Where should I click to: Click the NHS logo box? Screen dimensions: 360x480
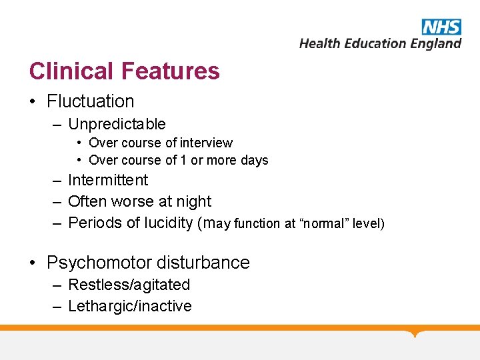point(441,27)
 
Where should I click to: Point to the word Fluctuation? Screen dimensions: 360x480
point(91,101)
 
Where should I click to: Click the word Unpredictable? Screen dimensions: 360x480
point(117,124)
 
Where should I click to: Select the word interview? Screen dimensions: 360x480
point(207,143)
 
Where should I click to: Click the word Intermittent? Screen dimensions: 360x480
point(108,180)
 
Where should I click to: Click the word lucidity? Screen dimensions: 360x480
point(166,223)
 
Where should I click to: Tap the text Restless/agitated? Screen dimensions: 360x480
point(129,285)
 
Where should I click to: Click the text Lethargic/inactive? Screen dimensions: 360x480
point(130,306)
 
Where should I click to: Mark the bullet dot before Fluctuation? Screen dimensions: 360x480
point(33,102)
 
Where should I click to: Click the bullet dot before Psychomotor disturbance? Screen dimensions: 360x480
point(33,263)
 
